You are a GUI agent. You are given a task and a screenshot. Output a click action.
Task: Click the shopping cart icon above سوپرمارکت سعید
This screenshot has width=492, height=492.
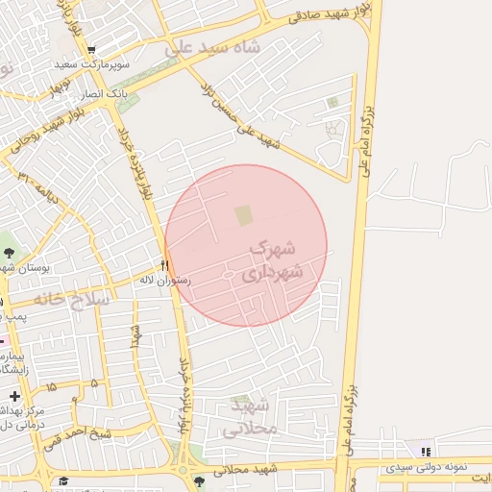coord(91,50)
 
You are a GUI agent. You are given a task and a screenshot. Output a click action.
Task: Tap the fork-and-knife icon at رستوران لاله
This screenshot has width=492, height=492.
coord(165,265)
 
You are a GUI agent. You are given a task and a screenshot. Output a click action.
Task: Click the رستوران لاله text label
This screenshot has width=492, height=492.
coord(165,281)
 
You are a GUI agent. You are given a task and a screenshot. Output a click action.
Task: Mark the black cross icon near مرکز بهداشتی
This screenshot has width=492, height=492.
coord(13,396)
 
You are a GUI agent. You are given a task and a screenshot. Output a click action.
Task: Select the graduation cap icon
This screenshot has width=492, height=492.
coord(63,480)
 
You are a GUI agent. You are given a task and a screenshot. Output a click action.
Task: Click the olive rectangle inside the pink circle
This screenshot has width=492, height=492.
coord(244,214)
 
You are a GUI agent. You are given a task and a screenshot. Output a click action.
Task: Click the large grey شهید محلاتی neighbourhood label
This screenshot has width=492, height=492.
coord(251,419)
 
